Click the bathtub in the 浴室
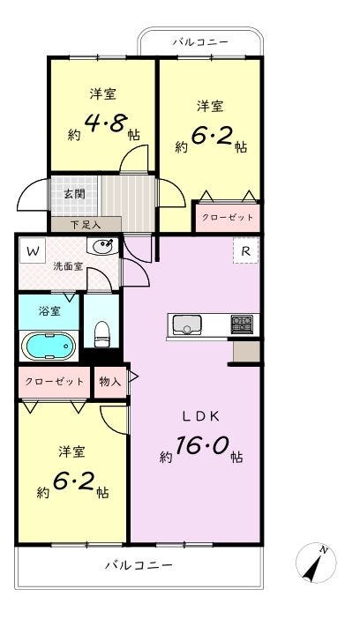click(x=50, y=346)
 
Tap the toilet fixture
click(x=102, y=333)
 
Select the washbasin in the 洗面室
click(x=103, y=247)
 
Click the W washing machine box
click(x=33, y=251)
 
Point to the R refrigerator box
click(x=246, y=251)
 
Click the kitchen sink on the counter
click(x=185, y=324)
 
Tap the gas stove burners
click(x=242, y=324)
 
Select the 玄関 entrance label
click(x=75, y=194)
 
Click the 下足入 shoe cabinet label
click(x=86, y=225)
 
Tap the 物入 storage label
click(x=110, y=382)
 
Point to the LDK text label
click(x=200, y=416)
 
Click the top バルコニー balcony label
click(x=200, y=41)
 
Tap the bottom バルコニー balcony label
click(x=139, y=565)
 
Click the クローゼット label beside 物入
click(x=55, y=382)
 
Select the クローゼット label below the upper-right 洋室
click(x=228, y=218)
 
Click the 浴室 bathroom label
click(x=49, y=311)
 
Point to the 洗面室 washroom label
click(x=68, y=266)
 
